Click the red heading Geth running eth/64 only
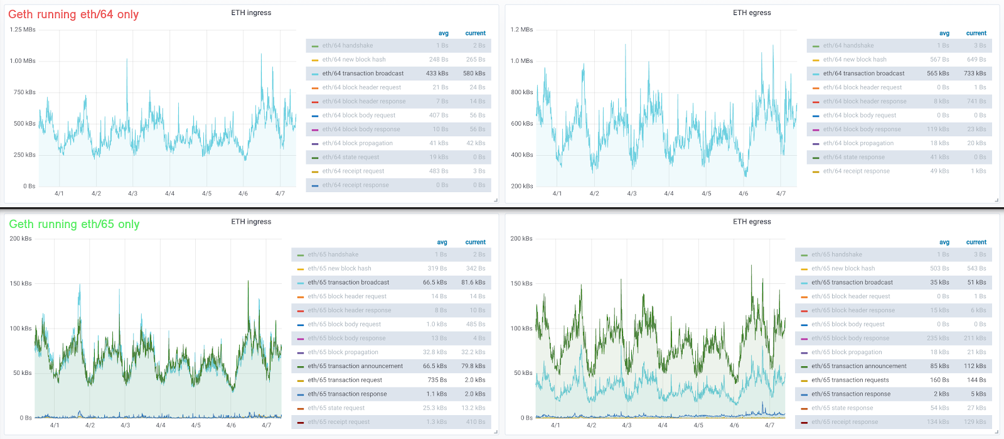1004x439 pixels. [x=73, y=14]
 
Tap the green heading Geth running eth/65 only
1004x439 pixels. [x=74, y=224]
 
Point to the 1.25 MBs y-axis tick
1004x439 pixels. [x=23, y=30]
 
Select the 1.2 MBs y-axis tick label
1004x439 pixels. [x=521, y=30]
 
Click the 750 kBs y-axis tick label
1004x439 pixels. [x=24, y=92]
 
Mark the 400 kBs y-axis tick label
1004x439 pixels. [x=521, y=155]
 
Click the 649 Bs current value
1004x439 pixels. [x=976, y=60]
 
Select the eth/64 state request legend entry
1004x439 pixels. [x=351, y=157]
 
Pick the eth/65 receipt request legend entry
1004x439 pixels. [x=338, y=422]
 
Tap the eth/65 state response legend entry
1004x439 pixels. [x=841, y=408]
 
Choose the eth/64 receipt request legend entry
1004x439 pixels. [x=353, y=171]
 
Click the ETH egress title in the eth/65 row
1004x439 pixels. [x=752, y=222]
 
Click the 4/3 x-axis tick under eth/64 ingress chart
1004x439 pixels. [x=132, y=193]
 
